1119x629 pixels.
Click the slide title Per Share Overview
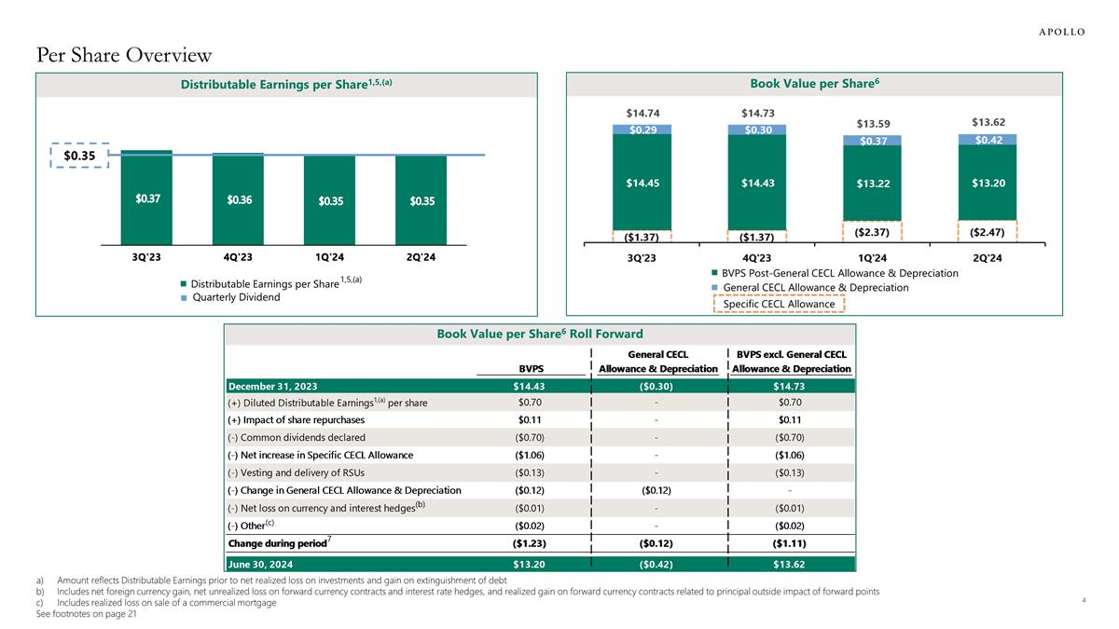point(124,56)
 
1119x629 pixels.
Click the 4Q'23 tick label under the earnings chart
point(238,256)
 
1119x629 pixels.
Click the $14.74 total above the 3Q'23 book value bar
point(641,113)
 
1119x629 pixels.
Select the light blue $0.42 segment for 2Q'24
point(988,140)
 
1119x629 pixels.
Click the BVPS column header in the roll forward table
point(530,369)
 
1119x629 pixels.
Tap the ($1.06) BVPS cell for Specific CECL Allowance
point(530,455)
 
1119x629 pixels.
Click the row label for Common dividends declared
point(296,437)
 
